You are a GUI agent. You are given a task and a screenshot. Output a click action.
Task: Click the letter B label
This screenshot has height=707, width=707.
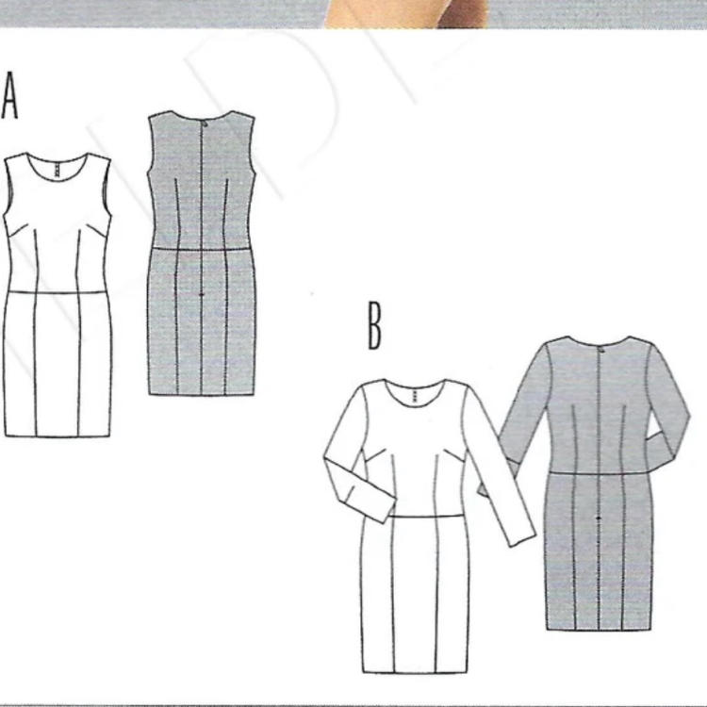(374, 326)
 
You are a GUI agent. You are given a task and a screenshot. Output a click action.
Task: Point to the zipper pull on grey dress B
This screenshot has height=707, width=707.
(601, 350)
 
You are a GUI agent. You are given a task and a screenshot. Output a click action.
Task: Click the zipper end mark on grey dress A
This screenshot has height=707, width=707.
(202, 294)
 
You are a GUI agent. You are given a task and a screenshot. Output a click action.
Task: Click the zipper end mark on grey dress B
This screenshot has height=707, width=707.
(599, 519)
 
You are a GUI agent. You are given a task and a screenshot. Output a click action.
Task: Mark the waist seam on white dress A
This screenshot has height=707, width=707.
(58, 293)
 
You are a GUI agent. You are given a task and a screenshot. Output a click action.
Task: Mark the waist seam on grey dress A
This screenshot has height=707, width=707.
(201, 249)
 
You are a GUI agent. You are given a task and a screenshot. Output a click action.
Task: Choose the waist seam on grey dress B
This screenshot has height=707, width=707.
(599, 473)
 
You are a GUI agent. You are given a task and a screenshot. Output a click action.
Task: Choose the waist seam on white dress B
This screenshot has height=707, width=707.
(426, 517)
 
